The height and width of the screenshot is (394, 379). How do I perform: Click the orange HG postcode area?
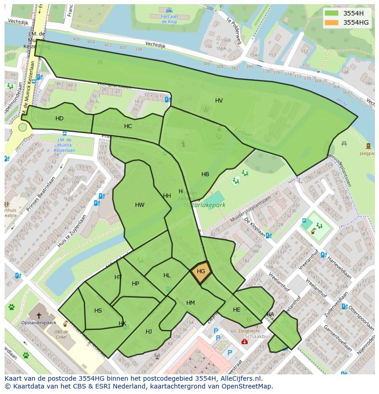[201, 272]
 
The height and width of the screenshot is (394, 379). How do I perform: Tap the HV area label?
[219, 101]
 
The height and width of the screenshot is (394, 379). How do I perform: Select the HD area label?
[60, 119]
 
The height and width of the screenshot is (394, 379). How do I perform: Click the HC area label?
[128, 126]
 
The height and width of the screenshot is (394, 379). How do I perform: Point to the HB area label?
[205, 174]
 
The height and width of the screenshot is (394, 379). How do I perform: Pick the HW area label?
[140, 205]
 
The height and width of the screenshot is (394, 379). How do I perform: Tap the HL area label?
[167, 275]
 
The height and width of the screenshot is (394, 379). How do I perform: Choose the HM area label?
[190, 303]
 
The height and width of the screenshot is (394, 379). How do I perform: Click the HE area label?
[237, 310]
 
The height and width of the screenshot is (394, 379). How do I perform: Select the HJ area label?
[149, 331]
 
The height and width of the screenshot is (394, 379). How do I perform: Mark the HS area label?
[98, 311]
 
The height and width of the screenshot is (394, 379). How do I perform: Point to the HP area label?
[135, 284]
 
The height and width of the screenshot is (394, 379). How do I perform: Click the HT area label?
[118, 277]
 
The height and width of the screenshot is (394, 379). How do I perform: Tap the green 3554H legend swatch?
[332, 13]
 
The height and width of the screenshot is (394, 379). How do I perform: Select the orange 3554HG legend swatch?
[332, 22]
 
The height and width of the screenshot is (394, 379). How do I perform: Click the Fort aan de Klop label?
[169, 18]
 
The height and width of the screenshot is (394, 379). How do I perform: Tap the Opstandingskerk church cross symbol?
[39, 315]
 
